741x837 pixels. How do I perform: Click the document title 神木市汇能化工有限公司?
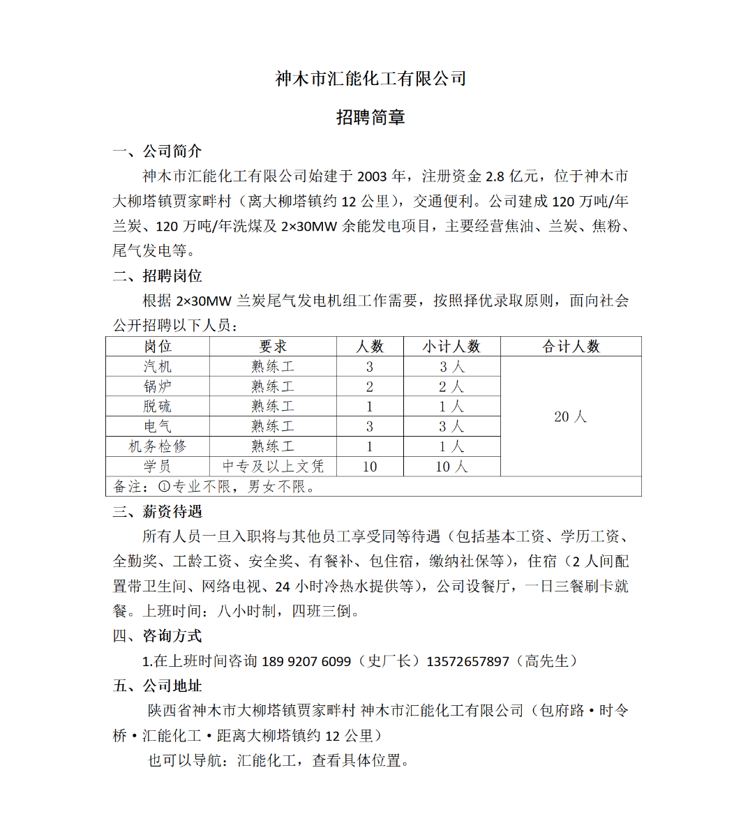tap(370, 78)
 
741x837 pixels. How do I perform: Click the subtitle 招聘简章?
tap(370, 117)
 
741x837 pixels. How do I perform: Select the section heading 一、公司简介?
tap(158, 151)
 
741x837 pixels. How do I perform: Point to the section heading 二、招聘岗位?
tap(158, 276)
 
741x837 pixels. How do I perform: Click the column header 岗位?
tap(158, 347)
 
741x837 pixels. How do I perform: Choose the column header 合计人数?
tap(571, 347)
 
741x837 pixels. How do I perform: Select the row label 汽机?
tap(158, 367)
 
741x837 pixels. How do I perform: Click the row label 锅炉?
tap(158, 386)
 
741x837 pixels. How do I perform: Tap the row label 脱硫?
tap(158, 407)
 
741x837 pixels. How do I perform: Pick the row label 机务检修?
tap(158, 446)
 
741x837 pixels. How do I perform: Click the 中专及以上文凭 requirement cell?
tap(273, 467)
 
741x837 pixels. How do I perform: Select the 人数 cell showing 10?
tap(370, 467)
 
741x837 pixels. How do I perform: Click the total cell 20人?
tap(571, 417)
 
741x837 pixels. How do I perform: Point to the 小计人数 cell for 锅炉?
tap(451, 386)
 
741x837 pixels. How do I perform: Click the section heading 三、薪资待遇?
tap(158, 512)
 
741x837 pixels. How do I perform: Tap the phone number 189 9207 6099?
tap(306, 661)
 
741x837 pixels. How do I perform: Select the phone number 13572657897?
tap(467, 661)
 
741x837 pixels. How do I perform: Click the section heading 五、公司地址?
tap(158, 686)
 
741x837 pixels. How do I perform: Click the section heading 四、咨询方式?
tap(158, 636)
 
